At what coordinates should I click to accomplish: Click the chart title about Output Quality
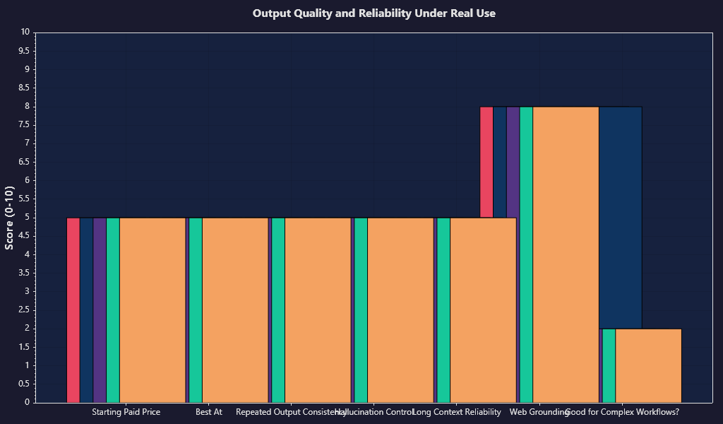tap(374, 13)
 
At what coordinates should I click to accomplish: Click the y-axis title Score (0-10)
tap(10, 218)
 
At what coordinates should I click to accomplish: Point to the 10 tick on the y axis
tap(25, 32)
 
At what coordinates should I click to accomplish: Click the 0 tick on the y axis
tap(27, 402)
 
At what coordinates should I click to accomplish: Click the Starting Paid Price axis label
tap(126, 412)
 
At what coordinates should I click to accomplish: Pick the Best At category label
tap(209, 412)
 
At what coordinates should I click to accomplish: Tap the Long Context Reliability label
tap(457, 412)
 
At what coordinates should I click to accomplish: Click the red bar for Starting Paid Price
tap(73, 310)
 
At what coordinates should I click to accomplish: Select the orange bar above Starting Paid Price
tap(153, 310)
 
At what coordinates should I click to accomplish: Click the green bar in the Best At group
tap(196, 310)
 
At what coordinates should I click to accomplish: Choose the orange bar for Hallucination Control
tap(400, 310)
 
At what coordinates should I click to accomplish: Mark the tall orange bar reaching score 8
tap(566, 254)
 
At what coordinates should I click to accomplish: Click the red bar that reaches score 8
tap(486, 162)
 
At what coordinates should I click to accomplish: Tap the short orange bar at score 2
tap(648, 365)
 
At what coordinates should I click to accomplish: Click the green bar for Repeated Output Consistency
tap(278, 310)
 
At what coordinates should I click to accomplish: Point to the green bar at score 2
tap(609, 365)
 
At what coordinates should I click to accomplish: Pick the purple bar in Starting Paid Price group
tap(100, 310)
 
